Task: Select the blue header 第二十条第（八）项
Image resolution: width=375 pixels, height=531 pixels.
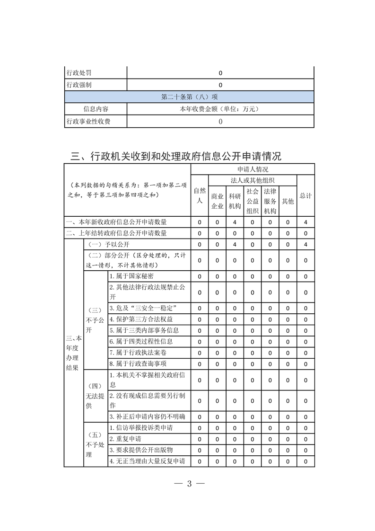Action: tap(189, 97)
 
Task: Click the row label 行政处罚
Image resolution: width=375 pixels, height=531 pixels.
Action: tap(79, 73)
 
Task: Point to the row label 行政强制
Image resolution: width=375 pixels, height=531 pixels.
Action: tap(79, 85)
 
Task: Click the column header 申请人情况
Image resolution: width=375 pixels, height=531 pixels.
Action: tap(253, 169)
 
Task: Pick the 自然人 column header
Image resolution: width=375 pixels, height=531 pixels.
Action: tap(200, 195)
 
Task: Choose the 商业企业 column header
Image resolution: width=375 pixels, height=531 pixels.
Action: tap(217, 201)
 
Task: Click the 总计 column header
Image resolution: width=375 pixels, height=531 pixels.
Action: tap(305, 195)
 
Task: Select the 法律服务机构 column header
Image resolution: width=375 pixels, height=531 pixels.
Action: tap(270, 201)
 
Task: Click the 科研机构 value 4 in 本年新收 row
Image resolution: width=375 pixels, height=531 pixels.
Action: tap(235, 222)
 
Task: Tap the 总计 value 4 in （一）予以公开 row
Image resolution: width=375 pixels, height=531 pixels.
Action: tap(306, 244)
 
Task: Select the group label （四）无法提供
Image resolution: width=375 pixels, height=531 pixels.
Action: tap(95, 396)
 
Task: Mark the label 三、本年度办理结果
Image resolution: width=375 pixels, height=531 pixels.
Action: tap(73, 352)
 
